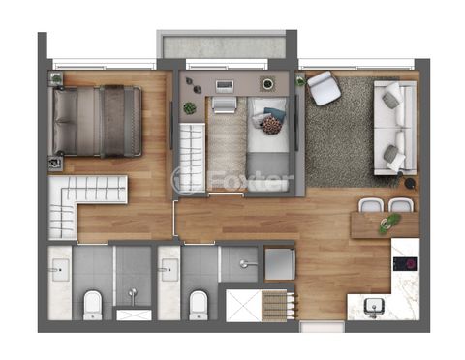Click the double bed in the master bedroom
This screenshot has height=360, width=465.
[97, 121]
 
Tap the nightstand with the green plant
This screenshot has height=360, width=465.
[56, 78]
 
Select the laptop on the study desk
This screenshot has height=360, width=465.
[225, 86]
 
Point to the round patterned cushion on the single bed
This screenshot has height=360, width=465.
[271, 125]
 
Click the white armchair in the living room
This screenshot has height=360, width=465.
[324, 88]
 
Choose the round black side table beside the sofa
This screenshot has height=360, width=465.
[410, 183]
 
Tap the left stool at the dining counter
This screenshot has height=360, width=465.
[371, 205]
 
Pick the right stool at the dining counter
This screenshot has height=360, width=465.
[401, 205]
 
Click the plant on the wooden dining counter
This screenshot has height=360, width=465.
[389, 223]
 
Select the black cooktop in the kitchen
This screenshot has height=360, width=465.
[405, 264]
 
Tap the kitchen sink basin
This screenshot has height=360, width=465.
[374, 305]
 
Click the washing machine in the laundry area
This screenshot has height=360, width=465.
[280, 263]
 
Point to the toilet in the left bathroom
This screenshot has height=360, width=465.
[93, 305]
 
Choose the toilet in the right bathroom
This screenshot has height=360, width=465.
[198, 305]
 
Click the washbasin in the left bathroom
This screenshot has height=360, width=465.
[60, 269]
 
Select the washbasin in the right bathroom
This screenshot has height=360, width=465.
[170, 269]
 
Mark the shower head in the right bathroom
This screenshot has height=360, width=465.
[247, 264]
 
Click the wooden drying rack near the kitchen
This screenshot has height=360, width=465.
[278, 306]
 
